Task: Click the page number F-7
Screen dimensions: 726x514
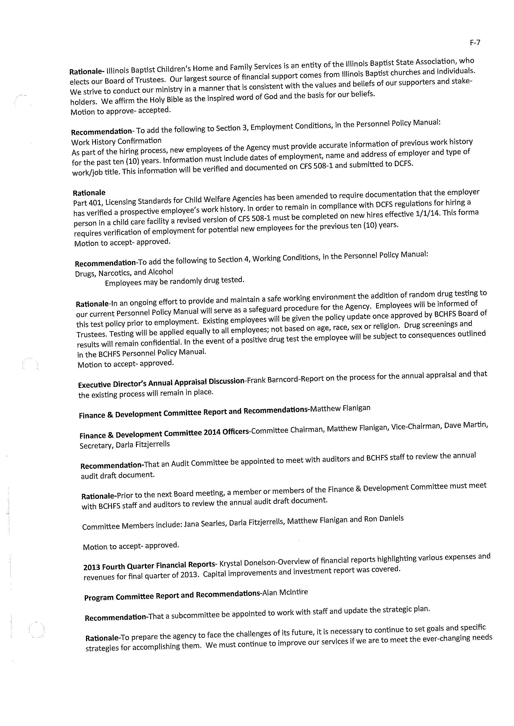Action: point(475,43)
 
